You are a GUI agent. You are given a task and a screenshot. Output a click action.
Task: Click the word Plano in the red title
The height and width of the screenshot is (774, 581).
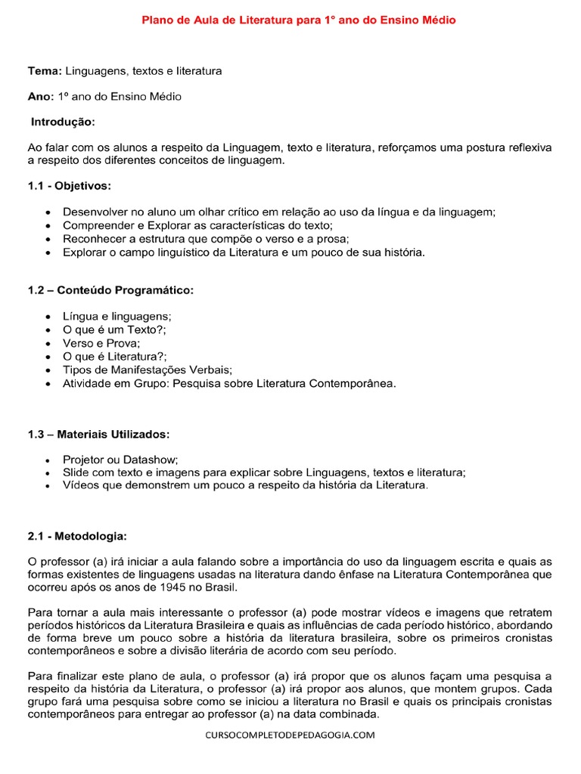(x=157, y=20)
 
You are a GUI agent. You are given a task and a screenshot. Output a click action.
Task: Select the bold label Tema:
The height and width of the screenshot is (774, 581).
(x=45, y=71)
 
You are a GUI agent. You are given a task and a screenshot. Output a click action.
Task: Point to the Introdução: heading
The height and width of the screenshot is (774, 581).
(x=64, y=122)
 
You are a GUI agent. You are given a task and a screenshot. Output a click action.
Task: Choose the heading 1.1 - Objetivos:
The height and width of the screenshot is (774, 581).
(x=70, y=186)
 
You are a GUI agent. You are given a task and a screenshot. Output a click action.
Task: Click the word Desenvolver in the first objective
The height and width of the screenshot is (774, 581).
(x=93, y=212)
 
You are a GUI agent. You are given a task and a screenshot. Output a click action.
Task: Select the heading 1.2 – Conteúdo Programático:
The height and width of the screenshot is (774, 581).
(x=111, y=290)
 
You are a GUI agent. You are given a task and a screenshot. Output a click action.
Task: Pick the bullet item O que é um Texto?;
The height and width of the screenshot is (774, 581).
(x=114, y=330)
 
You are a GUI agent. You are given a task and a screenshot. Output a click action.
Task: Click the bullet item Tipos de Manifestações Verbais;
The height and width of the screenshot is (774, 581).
(x=148, y=370)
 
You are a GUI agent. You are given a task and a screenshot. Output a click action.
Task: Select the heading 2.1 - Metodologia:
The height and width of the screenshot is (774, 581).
(x=78, y=536)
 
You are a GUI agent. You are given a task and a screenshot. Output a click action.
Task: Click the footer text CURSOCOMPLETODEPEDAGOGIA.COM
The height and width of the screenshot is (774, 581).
(x=290, y=735)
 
